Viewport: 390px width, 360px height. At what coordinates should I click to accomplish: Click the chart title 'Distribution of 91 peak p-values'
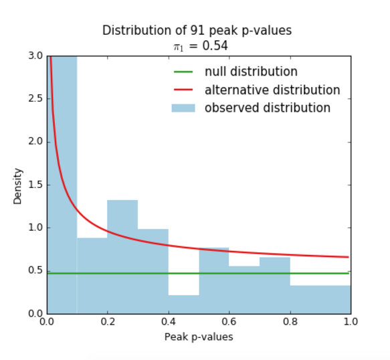coord(197,31)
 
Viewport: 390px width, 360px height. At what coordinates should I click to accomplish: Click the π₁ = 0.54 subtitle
coord(201,46)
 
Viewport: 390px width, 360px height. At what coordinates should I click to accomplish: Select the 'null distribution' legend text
coord(251,72)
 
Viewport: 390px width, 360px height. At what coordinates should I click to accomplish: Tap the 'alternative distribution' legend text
coord(272,90)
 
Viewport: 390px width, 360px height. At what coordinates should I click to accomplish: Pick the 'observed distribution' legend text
coord(268,108)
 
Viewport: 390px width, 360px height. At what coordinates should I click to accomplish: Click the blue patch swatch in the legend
coord(183,108)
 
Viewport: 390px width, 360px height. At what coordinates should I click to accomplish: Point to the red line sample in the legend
coord(183,90)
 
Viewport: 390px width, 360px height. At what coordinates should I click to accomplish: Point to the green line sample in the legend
coord(183,72)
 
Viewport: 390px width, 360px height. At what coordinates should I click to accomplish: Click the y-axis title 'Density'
coord(17,186)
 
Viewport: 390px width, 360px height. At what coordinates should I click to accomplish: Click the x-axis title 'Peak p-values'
coord(199,337)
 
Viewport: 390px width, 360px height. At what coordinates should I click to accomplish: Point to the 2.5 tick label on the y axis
coord(36,99)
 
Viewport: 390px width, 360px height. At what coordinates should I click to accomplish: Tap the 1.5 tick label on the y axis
coord(36,185)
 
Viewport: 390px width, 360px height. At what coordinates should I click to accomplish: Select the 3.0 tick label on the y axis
coord(36,56)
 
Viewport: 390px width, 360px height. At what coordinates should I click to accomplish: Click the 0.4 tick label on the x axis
coord(169,322)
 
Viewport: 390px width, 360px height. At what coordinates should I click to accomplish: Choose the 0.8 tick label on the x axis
coord(290,322)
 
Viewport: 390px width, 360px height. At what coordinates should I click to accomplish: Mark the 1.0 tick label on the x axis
coord(351,322)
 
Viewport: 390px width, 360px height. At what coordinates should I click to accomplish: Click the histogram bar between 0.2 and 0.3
coord(122,257)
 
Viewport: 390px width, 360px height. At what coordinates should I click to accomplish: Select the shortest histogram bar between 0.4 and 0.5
coord(183,304)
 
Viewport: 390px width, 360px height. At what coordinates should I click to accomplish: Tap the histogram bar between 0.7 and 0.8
coord(275,286)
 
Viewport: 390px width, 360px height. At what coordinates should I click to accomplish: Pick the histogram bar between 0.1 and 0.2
coord(92,276)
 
